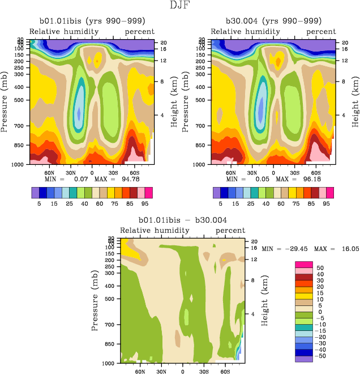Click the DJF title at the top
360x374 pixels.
pyautogui.click(x=179, y=6)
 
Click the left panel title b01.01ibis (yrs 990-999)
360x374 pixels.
pyautogui.click(x=91, y=21)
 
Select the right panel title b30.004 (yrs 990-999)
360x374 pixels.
pyautogui.click(x=273, y=21)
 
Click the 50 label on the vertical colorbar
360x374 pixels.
pyautogui.click(x=320, y=267)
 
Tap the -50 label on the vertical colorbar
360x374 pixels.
pyautogui.click(x=321, y=358)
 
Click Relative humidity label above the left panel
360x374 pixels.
pyautogui.click(x=64, y=31)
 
